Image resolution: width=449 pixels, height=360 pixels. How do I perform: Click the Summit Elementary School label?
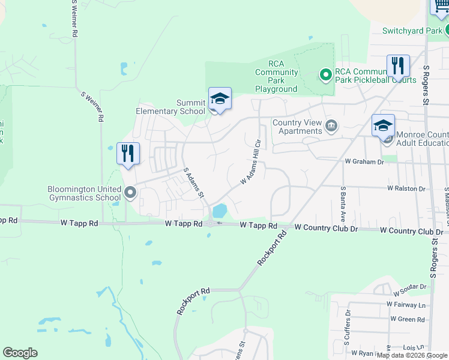pyautogui.click(x=170, y=107)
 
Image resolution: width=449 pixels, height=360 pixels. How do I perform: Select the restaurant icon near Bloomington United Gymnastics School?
pyautogui.click(x=128, y=154)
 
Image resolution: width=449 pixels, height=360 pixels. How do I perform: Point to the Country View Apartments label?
pyautogui.click(x=297, y=127)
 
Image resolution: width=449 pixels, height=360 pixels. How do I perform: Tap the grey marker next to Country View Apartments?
pyautogui.click(x=331, y=126)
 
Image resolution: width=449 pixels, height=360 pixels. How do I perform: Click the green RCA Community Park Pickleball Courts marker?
pyautogui.click(x=325, y=75)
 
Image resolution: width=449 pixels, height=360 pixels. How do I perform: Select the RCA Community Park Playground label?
pyautogui.click(x=276, y=76)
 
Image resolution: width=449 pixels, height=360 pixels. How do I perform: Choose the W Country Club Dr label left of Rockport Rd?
pyautogui.click(x=326, y=228)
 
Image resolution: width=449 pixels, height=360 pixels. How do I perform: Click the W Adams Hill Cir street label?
pyautogui.click(x=252, y=162)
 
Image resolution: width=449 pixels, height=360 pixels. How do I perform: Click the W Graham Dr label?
pyautogui.click(x=364, y=161)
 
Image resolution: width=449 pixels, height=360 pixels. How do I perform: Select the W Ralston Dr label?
pyautogui.click(x=406, y=188)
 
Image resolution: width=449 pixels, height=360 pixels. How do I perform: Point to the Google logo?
pyautogui.click(x=20, y=353)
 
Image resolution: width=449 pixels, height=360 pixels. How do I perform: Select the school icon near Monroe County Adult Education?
pyautogui.click(x=383, y=126)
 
